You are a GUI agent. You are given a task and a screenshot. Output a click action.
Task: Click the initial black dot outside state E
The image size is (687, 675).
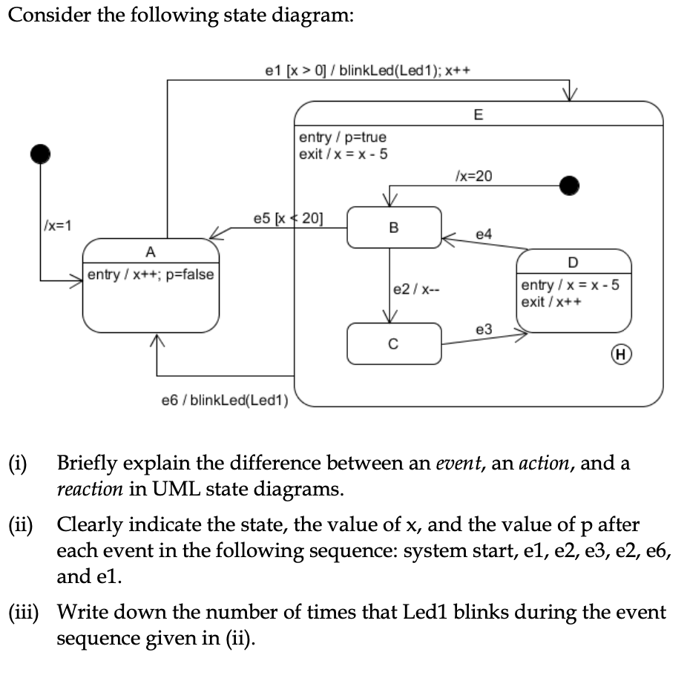(x=40, y=154)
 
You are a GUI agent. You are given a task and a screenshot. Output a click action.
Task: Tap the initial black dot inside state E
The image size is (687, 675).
(x=569, y=184)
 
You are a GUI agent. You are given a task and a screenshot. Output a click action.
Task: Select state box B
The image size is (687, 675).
(x=394, y=227)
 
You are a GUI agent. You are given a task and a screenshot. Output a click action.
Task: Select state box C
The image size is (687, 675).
(x=394, y=343)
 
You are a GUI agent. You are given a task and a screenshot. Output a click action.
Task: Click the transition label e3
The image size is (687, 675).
(x=483, y=328)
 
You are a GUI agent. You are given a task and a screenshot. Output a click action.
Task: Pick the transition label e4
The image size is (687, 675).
(x=483, y=234)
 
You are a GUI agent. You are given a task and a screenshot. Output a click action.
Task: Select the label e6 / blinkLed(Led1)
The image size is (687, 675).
(x=224, y=401)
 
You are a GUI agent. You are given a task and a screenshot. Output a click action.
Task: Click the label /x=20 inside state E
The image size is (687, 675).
(x=472, y=176)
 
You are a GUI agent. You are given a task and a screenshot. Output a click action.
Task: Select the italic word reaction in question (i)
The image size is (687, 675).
(x=89, y=490)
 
